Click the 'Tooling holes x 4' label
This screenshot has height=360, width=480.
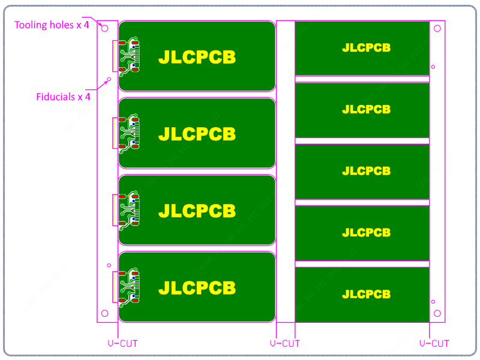coord(52,25)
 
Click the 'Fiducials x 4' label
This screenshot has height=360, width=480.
coord(63,96)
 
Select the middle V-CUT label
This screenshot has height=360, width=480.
coord(284,343)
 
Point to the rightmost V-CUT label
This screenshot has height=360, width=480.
coord(434,343)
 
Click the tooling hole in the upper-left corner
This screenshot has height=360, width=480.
coord(104,28)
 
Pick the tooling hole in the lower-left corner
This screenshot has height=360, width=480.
coord(104,314)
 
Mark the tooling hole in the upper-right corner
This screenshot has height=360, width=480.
coord(437,28)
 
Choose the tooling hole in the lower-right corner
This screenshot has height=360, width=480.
coord(437,314)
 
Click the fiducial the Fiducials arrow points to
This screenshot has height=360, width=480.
coord(109,79)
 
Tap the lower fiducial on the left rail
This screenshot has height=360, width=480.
coord(109,265)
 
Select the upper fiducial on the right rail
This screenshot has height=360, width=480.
coord(433,67)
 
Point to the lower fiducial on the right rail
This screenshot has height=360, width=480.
coord(433,302)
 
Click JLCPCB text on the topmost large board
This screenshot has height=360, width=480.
coord(197,57)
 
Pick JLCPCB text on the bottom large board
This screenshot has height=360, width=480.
coord(197,288)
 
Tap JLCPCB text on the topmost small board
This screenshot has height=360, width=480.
coord(366,47)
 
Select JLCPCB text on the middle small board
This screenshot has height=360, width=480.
coord(366,171)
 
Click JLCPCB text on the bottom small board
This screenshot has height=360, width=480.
coord(366,295)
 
